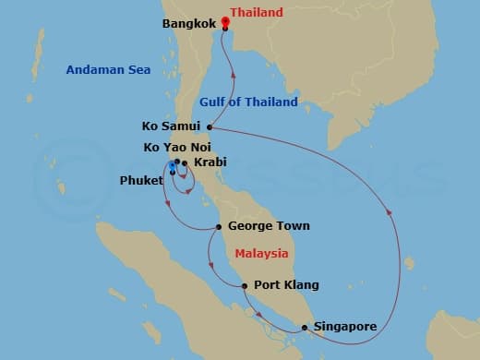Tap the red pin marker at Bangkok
pyautogui.click(x=225, y=25)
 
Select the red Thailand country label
pyautogui.click(x=256, y=14)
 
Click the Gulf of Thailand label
pyautogui.click(x=247, y=102)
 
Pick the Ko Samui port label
pyautogui.click(x=173, y=127)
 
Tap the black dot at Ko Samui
pyautogui.click(x=210, y=127)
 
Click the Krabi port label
pyautogui.click(x=209, y=162)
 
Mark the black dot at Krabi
pyautogui.click(x=186, y=164)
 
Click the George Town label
pyautogui.click(x=268, y=226)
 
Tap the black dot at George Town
pyautogui.click(x=218, y=227)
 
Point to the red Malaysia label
pyautogui.click(x=261, y=253)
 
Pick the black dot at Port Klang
pyautogui.click(x=244, y=286)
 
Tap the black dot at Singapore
pyautogui.click(x=305, y=327)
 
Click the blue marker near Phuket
pyautogui.click(x=172, y=167)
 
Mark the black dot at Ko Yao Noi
pyautogui.click(x=177, y=162)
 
